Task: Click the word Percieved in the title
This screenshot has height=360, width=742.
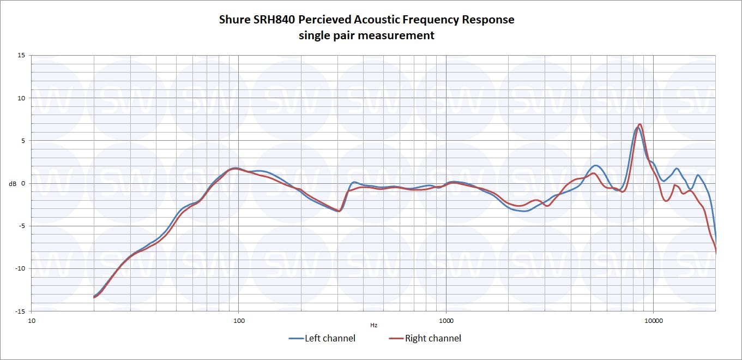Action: pos(325,20)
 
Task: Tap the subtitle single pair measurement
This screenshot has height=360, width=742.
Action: pos(366,35)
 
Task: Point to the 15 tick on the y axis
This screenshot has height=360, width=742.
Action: pos(21,56)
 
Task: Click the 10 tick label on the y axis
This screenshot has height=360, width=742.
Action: pos(21,98)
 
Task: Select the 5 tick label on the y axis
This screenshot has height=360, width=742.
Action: pos(23,141)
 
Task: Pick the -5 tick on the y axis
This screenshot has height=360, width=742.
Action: pos(22,226)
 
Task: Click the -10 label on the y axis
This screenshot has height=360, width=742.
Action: pos(20,268)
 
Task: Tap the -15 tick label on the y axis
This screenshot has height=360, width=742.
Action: pos(20,311)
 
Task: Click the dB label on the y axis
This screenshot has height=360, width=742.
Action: pos(13,184)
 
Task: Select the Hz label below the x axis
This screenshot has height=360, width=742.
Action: pos(373,325)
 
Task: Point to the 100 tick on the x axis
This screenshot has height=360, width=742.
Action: pos(239,320)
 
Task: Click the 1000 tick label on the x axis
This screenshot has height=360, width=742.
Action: pos(446,320)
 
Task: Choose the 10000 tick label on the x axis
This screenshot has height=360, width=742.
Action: pos(653,320)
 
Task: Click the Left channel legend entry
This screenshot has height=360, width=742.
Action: pos(322,339)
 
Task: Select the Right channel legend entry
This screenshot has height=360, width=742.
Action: pos(425,339)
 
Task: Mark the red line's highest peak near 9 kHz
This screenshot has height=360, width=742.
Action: pos(640,124)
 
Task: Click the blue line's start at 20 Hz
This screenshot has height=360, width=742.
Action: pos(94,296)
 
